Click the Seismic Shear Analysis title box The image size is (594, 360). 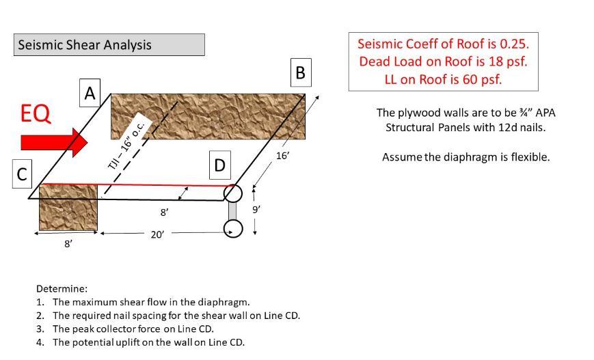point(109,45)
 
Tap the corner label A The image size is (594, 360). point(90,93)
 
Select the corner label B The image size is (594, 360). point(300,72)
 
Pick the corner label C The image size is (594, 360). point(22,174)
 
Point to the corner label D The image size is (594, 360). point(219,165)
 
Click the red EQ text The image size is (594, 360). point(36,113)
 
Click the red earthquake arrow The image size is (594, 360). point(54,142)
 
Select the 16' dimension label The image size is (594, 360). point(283,156)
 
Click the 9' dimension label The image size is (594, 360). point(256,210)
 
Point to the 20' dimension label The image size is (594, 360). point(157,234)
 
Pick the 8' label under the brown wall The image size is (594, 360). point(68,244)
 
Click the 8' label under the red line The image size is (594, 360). point(164,212)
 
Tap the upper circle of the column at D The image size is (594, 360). point(233,193)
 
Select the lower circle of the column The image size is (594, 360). point(233,228)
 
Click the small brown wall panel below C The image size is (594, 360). point(68,207)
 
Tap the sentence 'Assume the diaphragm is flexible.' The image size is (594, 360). point(465,157)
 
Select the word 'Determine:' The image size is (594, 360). point(62,289)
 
